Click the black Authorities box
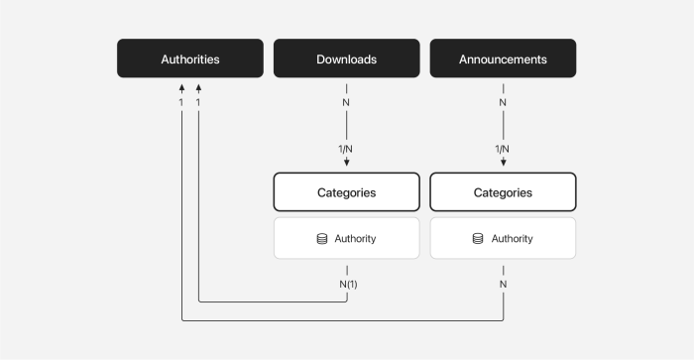pyautogui.click(x=190, y=60)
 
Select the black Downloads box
pyautogui.click(x=346, y=60)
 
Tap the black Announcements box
pyautogui.click(x=503, y=60)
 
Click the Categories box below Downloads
pyautogui.click(x=346, y=192)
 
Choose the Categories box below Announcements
pyautogui.click(x=503, y=192)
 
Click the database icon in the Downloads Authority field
pyautogui.click(x=322, y=239)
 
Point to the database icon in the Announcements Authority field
pyautogui.click(x=478, y=239)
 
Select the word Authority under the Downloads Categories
pyautogui.click(x=355, y=239)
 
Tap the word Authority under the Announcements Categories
pyautogui.click(x=512, y=239)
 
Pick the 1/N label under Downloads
pyautogui.click(x=346, y=149)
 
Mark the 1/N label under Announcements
pyautogui.click(x=503, y=149)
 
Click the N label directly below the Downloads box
pyautogui.click(x=346, y=102)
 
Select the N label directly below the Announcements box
pyautogui.click(x=503, y=102)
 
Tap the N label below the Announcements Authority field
pyautogui.click(x=503, y=284)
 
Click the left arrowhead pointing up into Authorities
pyautogui.click(x=181, y=88)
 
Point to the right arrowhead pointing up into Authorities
pyautogui.click(x=199, y=88)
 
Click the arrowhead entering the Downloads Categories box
pyautogui.click(x=346, y=163)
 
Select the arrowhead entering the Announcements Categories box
pyautogui.click(x=503, y=163)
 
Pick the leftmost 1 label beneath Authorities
pyautogui.click(x=181, y=102)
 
